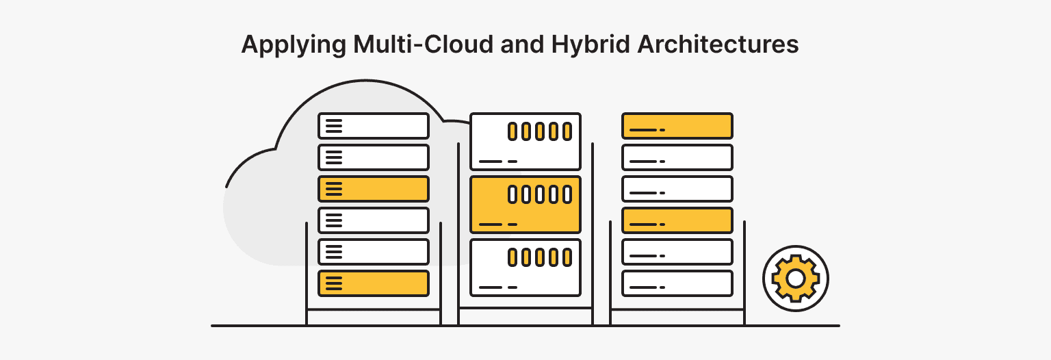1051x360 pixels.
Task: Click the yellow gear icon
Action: (795, 279)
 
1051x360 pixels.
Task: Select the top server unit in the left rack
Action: (374, 126)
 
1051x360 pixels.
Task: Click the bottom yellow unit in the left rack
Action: (374, 283)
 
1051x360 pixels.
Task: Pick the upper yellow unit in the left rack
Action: (374, 189)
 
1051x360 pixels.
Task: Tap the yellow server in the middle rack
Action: (525, 205)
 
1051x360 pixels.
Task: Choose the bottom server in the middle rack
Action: (525, 268)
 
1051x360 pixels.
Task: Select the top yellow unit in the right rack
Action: (677, 126)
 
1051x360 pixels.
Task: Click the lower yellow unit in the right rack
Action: (677, 220)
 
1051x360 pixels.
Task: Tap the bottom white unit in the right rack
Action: (677, 283)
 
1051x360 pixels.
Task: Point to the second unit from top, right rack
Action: (677, 157)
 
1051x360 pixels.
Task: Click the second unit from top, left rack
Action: (374, 157)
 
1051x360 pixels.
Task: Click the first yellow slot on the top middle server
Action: (512, 131)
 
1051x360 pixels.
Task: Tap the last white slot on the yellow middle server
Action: (567, 194)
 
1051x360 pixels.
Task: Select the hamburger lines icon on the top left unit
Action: (333, 126)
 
